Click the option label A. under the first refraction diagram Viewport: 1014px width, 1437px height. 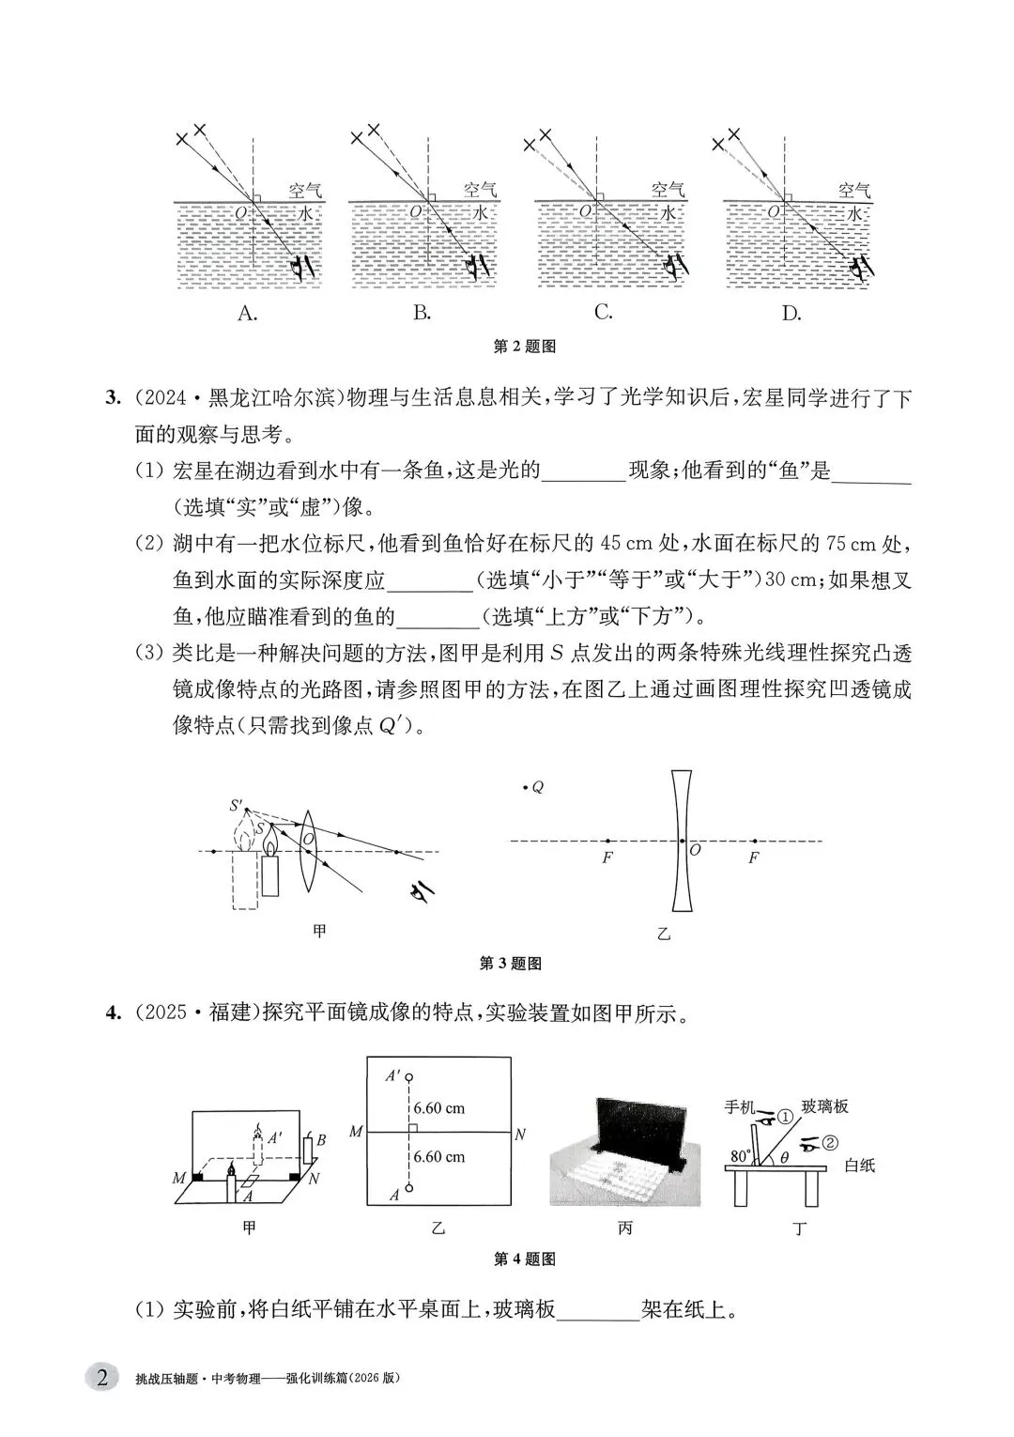tap(248, 314)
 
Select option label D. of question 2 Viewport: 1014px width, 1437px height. tap(791, 314)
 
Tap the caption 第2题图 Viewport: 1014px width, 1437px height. tap(525, 347)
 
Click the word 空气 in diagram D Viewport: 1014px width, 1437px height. tap(853, 190)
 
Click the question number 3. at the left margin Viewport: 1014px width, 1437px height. tap(114, 398)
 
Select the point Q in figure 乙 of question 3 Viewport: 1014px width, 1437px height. tap(524, 788)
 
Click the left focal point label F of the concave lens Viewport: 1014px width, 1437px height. tap(607, 858)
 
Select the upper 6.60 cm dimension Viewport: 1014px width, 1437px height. tap(439, 1108)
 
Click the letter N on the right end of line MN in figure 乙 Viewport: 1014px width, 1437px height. tap(520, 1135)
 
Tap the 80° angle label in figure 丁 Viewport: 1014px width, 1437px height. tap(741, 1155)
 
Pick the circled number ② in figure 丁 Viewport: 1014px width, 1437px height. tap(830, 1143)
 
